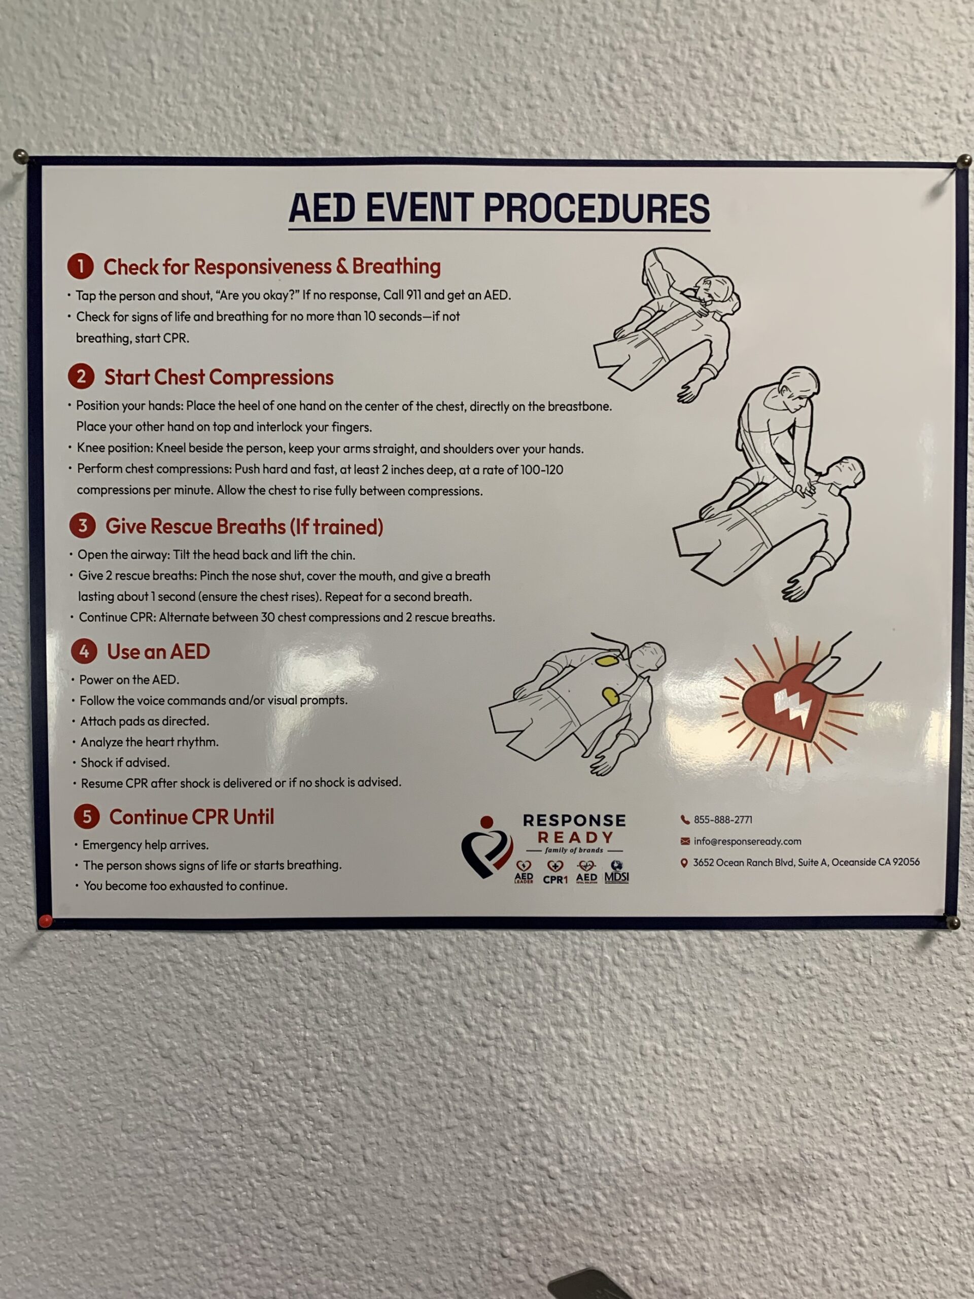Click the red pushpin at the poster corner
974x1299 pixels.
pos(45,920)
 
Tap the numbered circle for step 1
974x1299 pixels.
pos(81,266)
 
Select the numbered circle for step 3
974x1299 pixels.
pos(82,526)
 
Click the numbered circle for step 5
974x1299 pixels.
pos(86,816)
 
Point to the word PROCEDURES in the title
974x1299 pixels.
pos(596,209)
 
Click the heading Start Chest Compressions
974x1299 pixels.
pos(219,377)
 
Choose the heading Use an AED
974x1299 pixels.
pos(158,651)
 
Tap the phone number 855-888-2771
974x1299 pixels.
pos(723,820)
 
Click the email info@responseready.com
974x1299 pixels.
pos(747,841)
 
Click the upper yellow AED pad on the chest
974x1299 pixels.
pos(605,661)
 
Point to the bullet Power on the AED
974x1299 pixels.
pos(129,679)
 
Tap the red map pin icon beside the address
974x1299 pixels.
pos(684,863)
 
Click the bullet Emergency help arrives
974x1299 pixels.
pos(145,844)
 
